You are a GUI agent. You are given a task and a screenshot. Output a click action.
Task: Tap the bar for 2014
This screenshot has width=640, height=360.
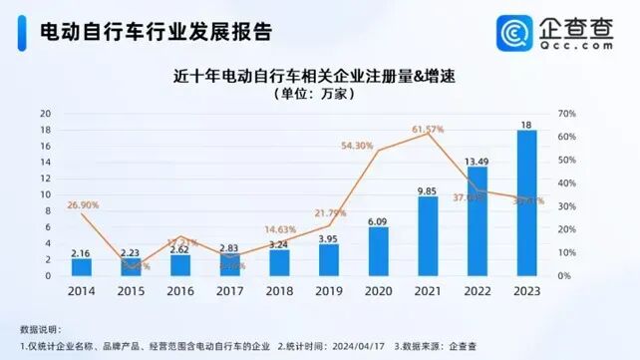coord(82,267)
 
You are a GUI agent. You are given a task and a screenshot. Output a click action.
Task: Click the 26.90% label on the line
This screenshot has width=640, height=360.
coord(83,205)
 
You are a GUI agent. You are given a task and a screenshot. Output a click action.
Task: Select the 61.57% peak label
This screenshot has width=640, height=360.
coord(428,130)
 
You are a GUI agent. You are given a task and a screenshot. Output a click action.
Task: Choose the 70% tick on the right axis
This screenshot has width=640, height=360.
coord(567,114)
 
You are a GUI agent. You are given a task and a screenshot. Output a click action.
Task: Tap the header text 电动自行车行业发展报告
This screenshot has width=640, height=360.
coord(154,30)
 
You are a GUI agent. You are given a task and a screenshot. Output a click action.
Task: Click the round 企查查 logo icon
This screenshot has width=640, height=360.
coord(522,32)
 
